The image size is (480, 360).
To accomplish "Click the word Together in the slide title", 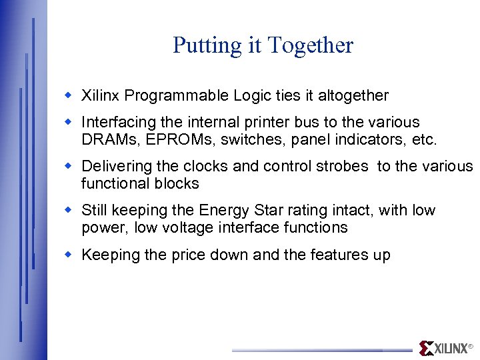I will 310,46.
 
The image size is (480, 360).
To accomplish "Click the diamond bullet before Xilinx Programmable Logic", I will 68,95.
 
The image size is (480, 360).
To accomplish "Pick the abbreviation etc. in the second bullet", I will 424,140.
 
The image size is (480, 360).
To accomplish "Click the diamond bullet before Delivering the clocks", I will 68,165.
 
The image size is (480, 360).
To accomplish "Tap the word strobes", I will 345,167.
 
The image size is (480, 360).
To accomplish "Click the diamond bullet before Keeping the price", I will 68,254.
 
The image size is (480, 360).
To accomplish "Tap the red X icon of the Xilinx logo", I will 426,348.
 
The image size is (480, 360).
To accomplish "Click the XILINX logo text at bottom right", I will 451,349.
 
